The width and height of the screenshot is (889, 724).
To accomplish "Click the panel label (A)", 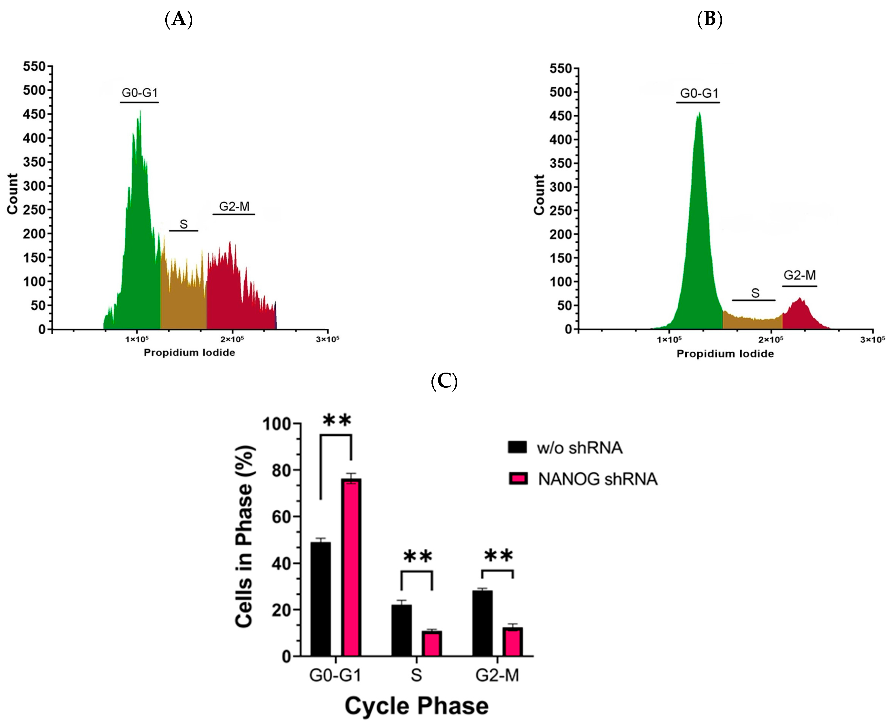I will tap(179, 19).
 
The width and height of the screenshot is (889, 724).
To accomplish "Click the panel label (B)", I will tap(710, 19).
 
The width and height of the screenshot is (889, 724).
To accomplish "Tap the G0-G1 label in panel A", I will tap(140, 92).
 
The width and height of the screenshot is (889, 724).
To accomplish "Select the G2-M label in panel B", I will tap(799, 275).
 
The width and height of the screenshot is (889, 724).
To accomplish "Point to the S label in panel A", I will tap(184, 224).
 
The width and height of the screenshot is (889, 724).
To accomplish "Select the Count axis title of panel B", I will tap(539, 195).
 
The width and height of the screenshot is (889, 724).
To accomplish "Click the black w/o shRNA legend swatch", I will tap(517, 447).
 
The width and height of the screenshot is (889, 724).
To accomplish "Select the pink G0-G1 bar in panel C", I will tap(351, 567).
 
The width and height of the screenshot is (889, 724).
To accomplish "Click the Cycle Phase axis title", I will tap(416, 706).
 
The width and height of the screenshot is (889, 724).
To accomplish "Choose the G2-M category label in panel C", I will tap(497, 675).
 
